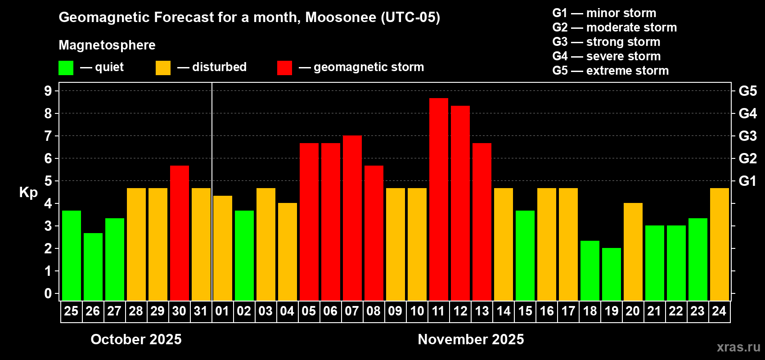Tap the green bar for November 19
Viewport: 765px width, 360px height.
coord(611,274)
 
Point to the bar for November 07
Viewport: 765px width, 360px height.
coord(352,218)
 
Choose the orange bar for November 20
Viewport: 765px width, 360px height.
coord(633,252)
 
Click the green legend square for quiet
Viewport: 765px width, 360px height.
coord(66,68)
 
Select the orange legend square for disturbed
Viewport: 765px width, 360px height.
coord(163,68)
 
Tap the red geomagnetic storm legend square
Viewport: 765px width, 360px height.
coord(284,68)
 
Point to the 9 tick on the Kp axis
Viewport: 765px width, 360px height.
coord(48,91)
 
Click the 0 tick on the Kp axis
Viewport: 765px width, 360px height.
coord(48,294)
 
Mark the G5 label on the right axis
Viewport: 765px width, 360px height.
coord(747,91)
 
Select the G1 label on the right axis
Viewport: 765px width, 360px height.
coord(747,181)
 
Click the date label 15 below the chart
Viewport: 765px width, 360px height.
coord(525,311)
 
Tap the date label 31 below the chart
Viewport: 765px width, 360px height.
coord(201,311)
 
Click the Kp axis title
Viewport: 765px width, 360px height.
coord(28,192)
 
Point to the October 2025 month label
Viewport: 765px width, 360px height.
coord(136,339)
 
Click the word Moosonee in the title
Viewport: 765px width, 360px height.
coord(341,17)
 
